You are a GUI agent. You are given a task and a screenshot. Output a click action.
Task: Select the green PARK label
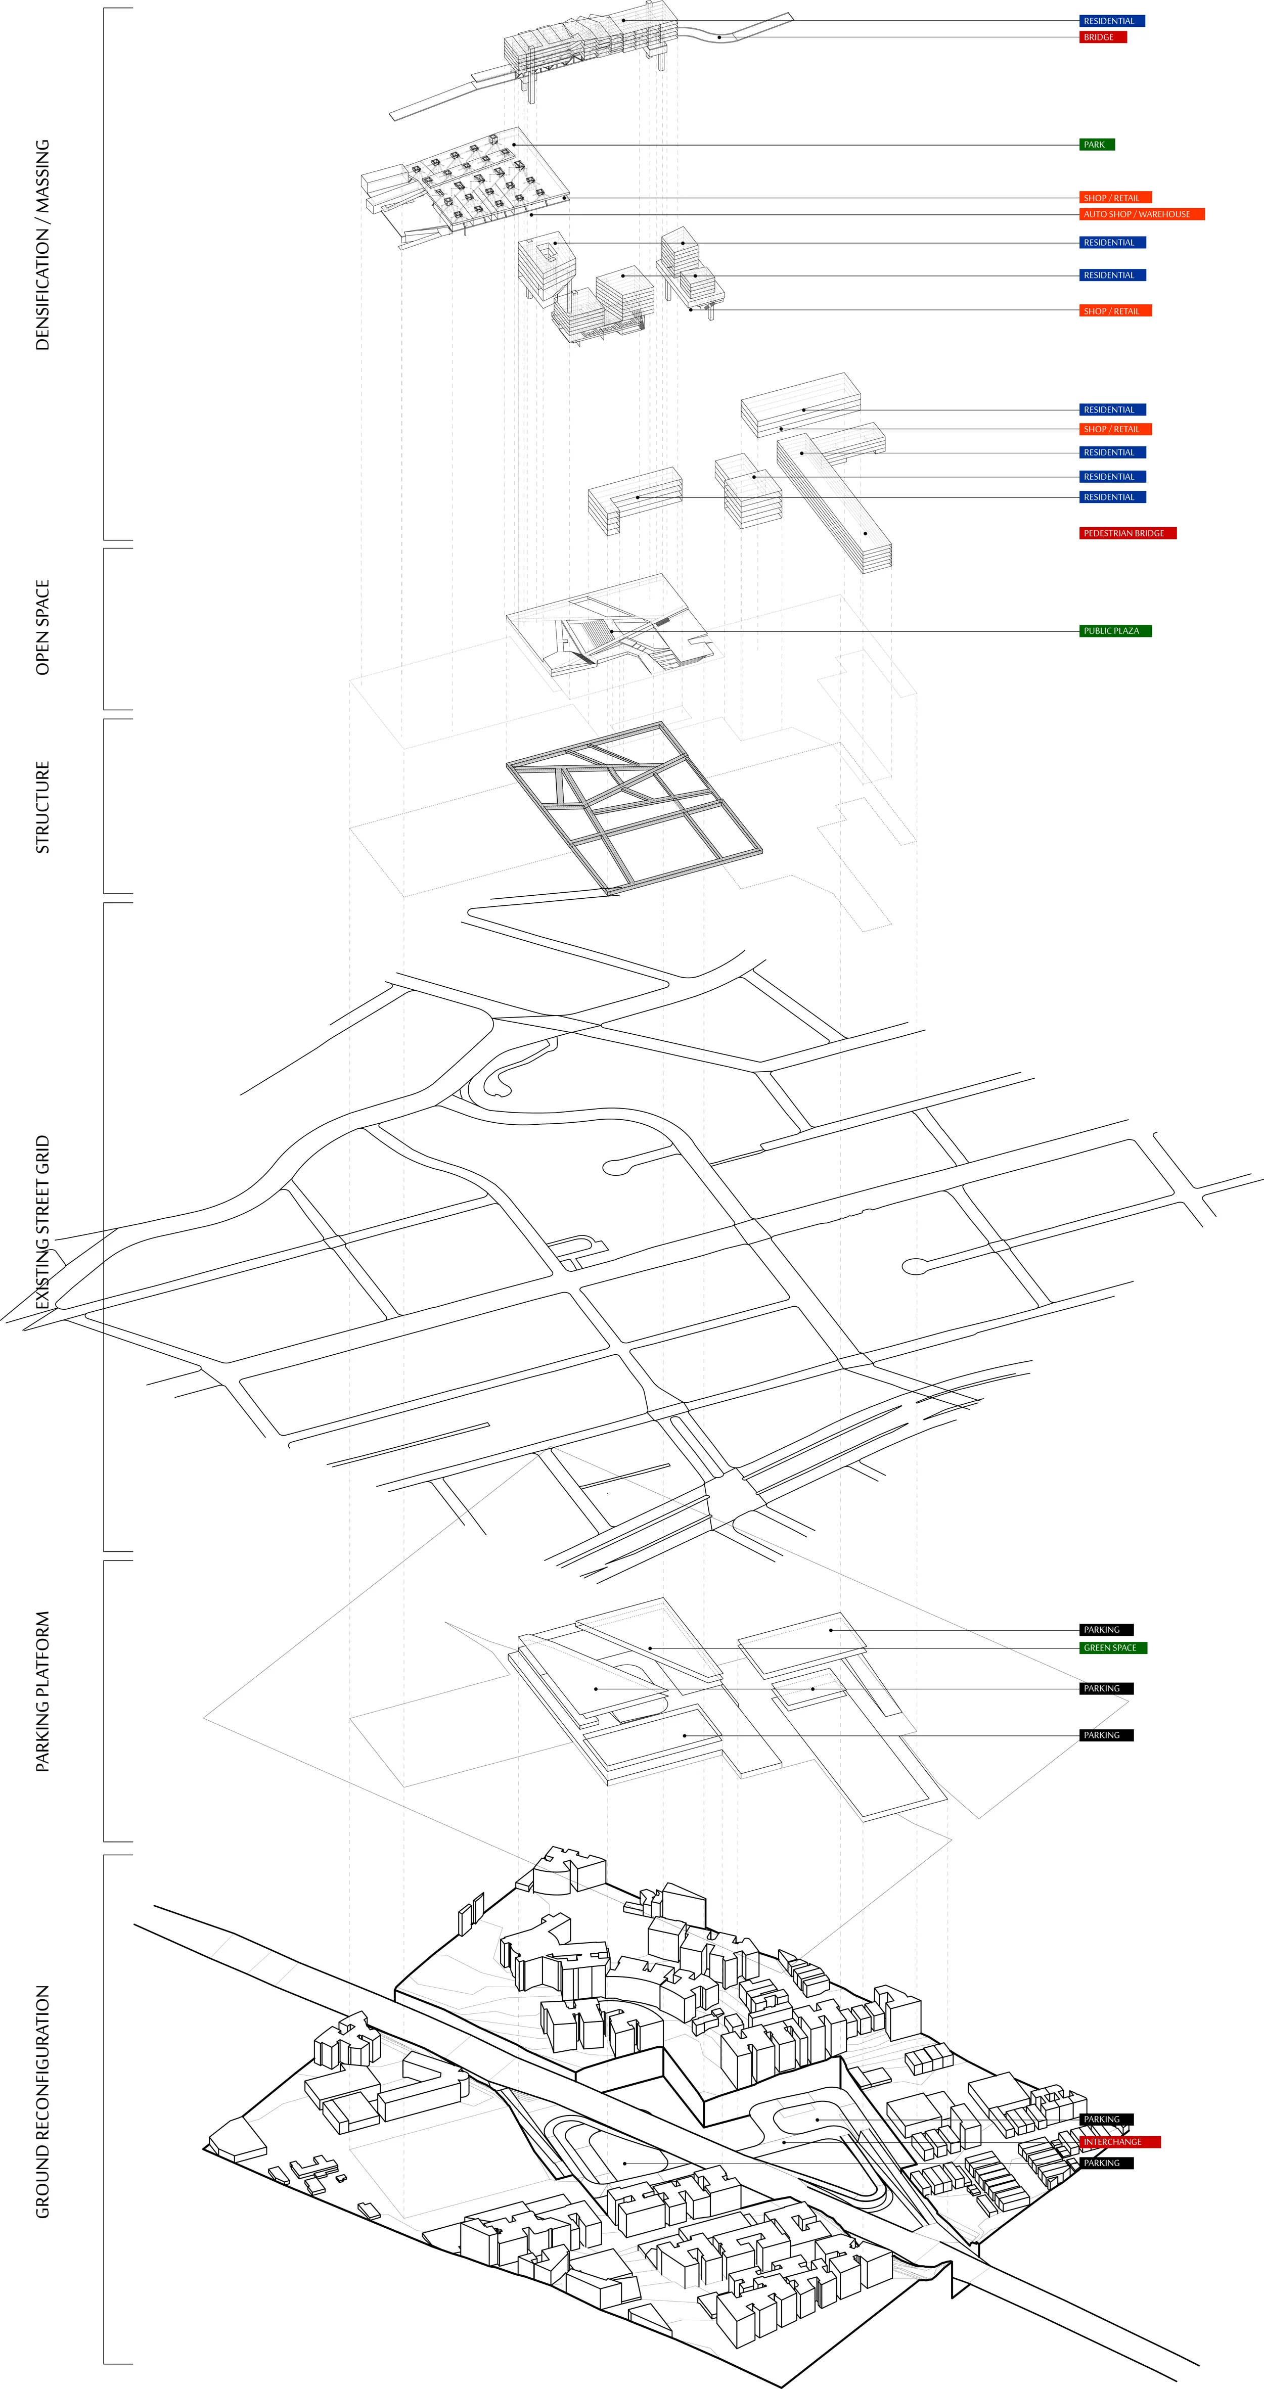[x=1096, y=145]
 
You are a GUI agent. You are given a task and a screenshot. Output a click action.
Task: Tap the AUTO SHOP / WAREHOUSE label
[x=1141, y=214]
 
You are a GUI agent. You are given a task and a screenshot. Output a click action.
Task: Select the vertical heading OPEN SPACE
[x=42, y=628]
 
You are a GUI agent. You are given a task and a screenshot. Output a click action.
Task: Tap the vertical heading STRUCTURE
[x=42, y=807]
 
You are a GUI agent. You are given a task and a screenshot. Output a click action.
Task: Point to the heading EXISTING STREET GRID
[x=42, y=1222]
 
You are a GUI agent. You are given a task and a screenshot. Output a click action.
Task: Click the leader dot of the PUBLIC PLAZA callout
[x=612, y=631]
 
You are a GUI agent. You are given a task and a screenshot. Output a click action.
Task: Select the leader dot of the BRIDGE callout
[x=718, y=37]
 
